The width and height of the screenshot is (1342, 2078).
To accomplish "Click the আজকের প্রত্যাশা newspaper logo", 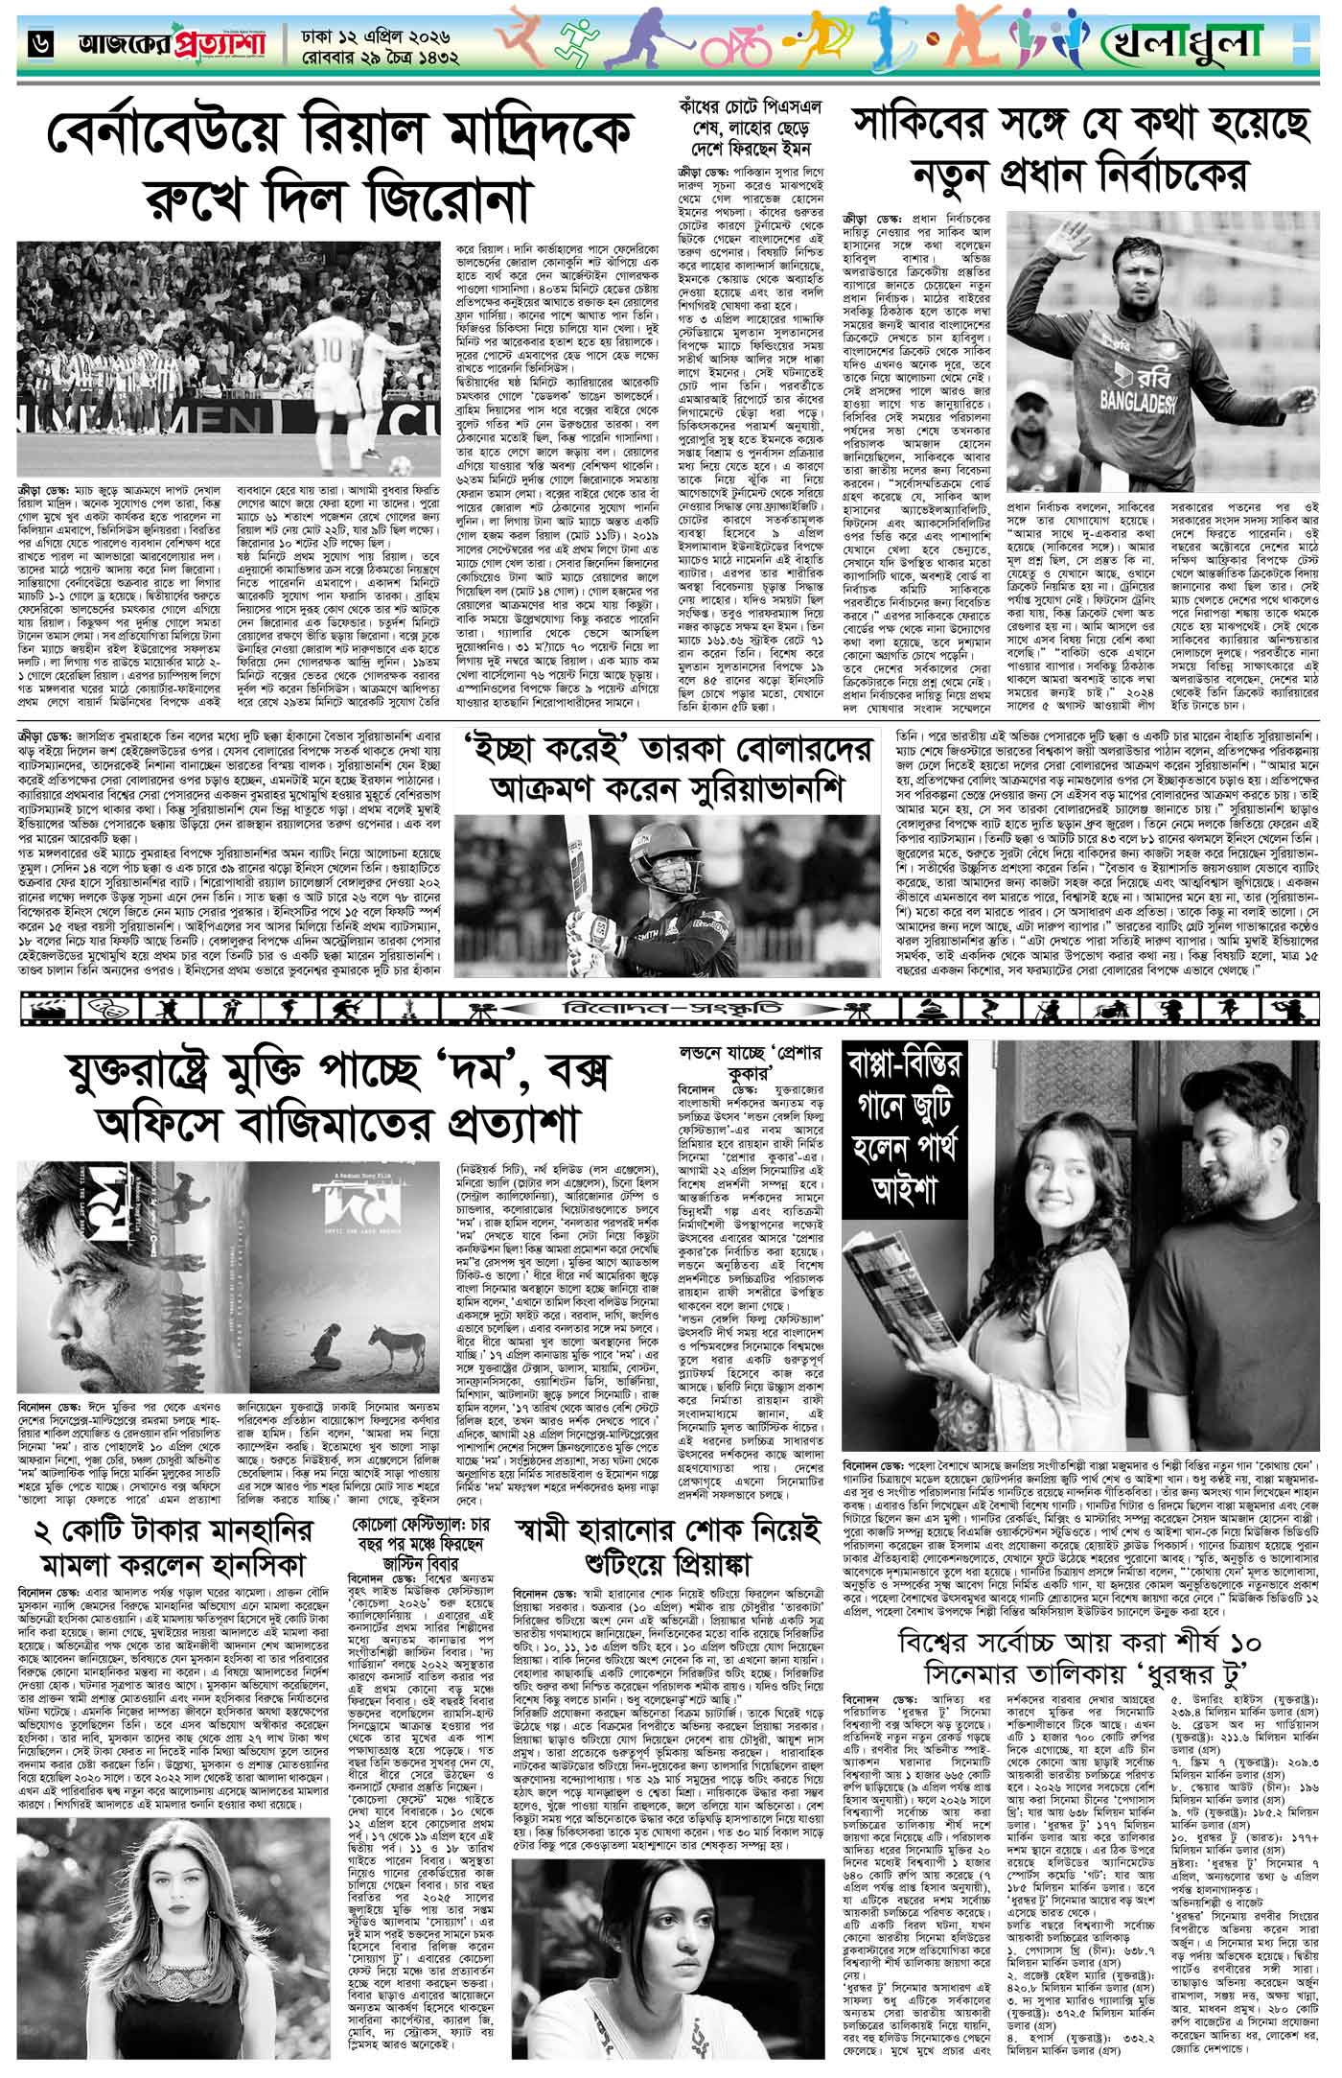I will (x=159, y=43).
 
